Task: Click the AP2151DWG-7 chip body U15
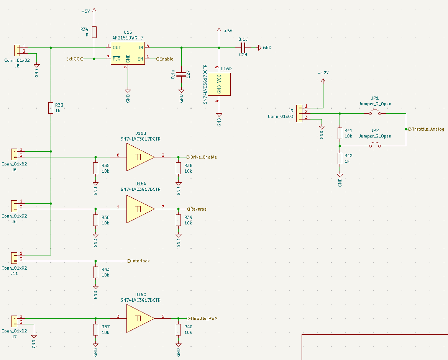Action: click(128, 53)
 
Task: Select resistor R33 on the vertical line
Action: click(51, 108)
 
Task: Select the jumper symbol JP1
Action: click(375, 113)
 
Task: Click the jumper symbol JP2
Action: click(375, 146)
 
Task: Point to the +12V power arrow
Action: click(323, 81)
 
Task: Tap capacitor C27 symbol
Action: click(181, 74)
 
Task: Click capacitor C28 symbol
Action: click(242, 47)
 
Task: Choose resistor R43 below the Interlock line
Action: click(95, 272)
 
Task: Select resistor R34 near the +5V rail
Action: click(94, 32)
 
